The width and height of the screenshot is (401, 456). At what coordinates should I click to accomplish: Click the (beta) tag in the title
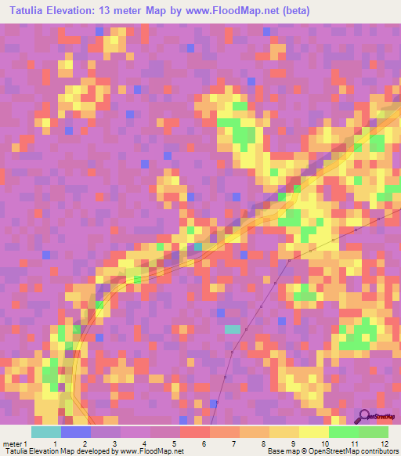point(295,11)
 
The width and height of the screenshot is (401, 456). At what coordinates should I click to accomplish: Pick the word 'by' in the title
point(183,11)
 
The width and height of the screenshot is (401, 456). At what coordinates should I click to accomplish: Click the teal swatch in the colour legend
point(46,432)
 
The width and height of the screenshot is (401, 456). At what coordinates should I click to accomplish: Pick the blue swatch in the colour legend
point(76,432)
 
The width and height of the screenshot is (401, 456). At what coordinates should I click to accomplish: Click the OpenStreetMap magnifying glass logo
point(364,416)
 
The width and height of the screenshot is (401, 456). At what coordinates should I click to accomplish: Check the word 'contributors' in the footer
point(378,451)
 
